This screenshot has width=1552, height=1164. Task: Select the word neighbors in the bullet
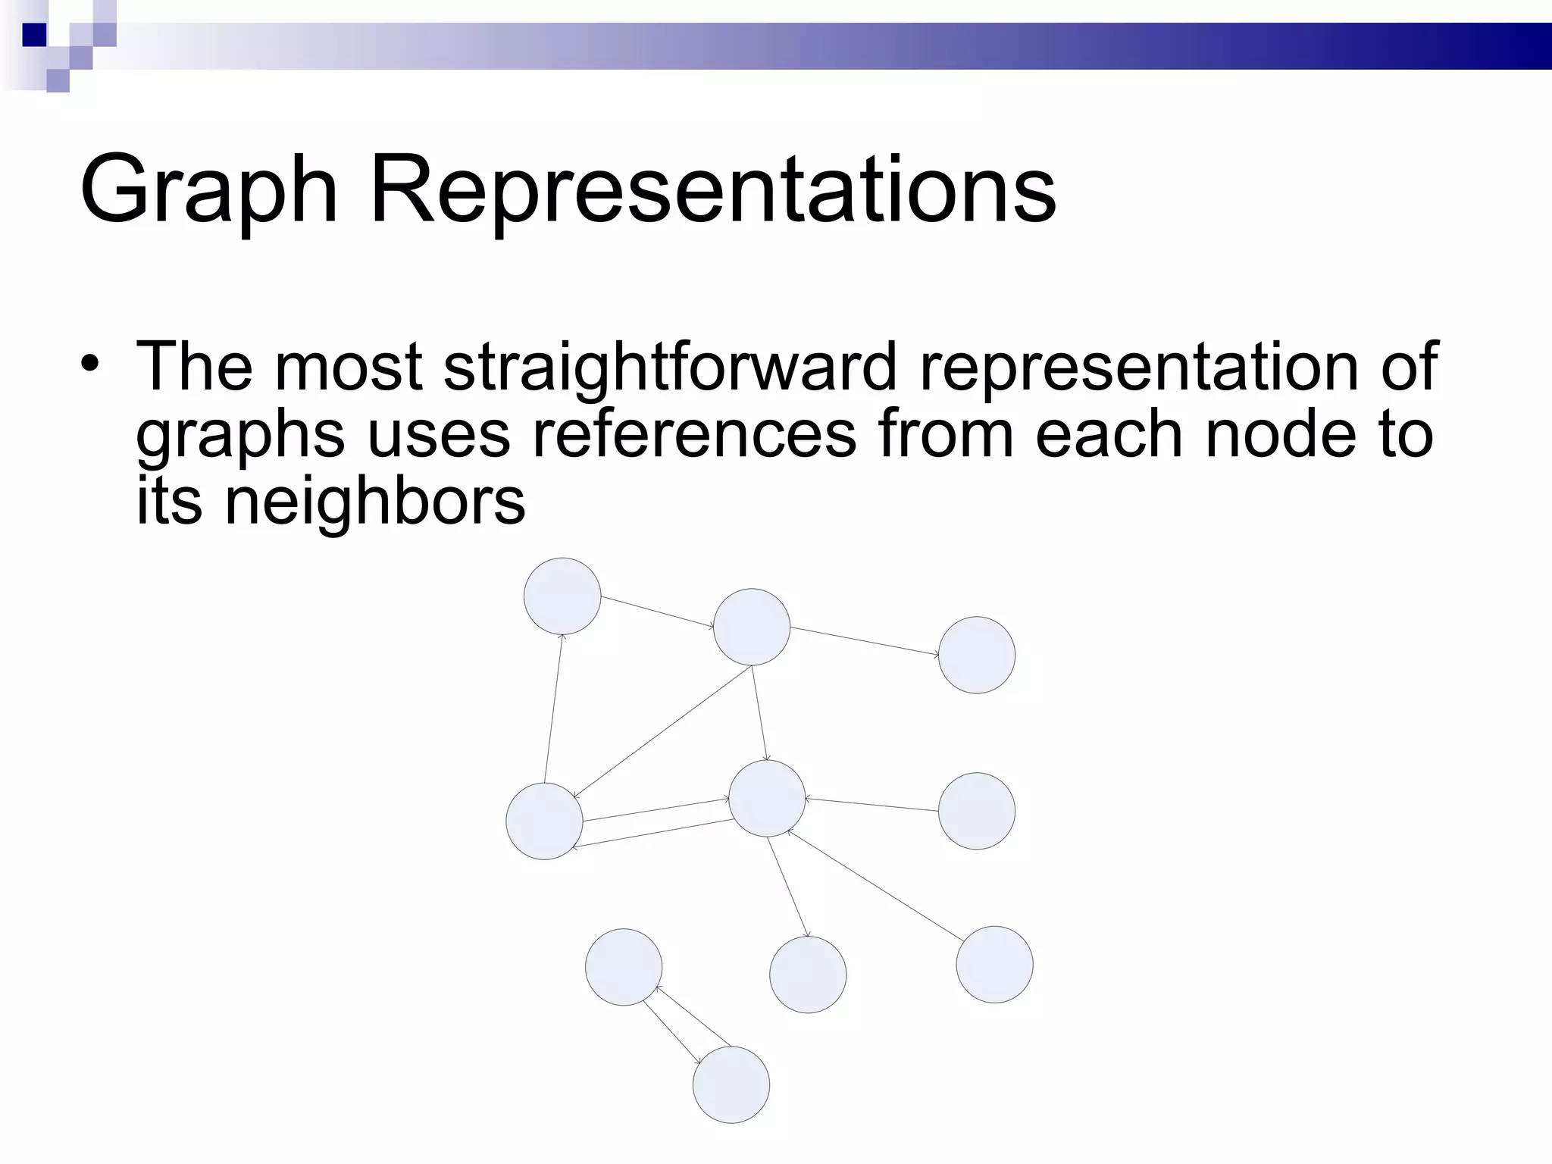(x=374, y=501)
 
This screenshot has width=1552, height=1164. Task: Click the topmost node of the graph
(x=562, y=596)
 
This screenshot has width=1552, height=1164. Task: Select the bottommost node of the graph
(x=731, y=1084)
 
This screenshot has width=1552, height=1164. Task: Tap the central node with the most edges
(x=767, y=799)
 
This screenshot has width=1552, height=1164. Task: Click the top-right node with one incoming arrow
(x=976, y=655)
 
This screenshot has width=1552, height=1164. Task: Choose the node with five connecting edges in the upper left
(x=752, y=627)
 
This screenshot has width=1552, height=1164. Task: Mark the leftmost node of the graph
(x=544, y=821)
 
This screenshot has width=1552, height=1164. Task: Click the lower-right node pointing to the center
(x=994, y=965)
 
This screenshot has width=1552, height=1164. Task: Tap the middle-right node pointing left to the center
(x=976, y=811)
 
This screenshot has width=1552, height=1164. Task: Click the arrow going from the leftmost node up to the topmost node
(x=553, y=709)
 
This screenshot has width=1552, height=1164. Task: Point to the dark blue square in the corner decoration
(x=34, y=34)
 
